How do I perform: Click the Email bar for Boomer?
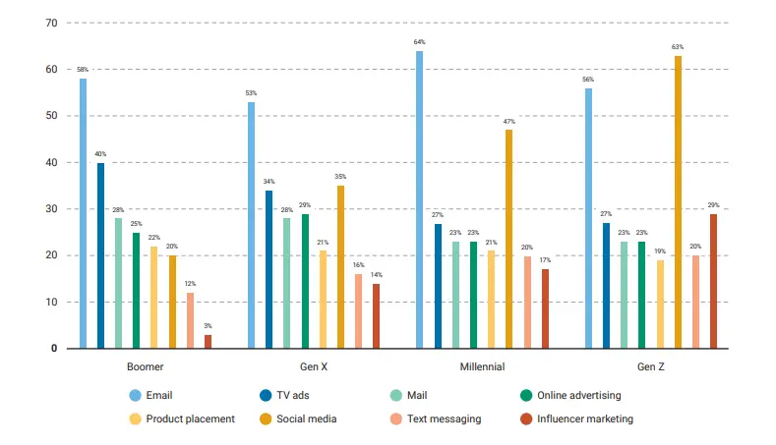click(83, 213)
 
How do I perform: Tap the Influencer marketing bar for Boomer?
click(208, 342)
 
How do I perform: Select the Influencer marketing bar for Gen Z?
click(713, 281)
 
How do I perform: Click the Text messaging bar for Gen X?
click(358, 311)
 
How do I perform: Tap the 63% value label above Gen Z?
click(678, 46)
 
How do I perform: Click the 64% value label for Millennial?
click(420, 42)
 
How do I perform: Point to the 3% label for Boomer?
click(208, 325)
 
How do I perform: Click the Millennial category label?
click(482, 367)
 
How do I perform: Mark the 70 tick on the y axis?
click(51, 23)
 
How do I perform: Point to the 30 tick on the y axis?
click(51, 209)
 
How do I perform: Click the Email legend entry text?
click(160, 396)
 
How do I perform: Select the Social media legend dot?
click(267, 418)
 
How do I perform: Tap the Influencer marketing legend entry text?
click(590, 418)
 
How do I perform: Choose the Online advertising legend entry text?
click(580, 396)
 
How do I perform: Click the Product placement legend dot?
click(135, 418)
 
